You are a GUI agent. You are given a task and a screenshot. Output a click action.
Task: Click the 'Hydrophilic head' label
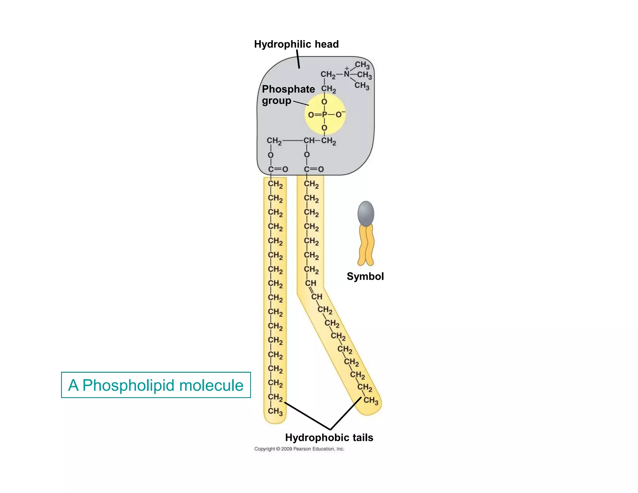coord(296,44)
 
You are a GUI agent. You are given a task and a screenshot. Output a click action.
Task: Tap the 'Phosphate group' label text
coord(288,95)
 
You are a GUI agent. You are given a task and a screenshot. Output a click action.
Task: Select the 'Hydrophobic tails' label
coord(329,438)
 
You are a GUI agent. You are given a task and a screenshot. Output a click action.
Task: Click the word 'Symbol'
coord(365,276)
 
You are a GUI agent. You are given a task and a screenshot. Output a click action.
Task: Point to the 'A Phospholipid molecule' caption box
coord(156,385)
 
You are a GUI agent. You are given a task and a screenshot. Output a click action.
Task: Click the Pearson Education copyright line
coord(299,449)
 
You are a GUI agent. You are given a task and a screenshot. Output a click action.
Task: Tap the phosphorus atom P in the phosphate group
coord(324,115)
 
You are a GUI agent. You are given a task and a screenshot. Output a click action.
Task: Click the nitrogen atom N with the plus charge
coord(346,74)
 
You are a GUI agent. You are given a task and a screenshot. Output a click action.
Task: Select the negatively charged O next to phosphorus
coord(339,115)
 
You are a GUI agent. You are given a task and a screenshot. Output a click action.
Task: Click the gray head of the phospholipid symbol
coord(366,213)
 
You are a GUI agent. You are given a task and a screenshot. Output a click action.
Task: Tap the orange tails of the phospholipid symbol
coord(366,246)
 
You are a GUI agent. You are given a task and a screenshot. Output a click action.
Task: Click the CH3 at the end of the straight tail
coord(275,411)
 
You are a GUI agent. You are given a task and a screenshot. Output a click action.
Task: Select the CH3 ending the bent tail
coord(371,400)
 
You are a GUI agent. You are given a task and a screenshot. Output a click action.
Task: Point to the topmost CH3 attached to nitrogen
coord(362,65)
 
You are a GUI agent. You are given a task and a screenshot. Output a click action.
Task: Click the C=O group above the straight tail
coord(278,169)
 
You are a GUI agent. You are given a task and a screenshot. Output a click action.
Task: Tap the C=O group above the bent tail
coord(314,169)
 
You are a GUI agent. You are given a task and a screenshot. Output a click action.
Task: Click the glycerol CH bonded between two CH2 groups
coord(309,141)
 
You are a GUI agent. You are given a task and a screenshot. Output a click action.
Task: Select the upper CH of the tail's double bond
coord(310,283)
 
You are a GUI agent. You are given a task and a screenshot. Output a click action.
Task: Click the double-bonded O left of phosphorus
coord(311,115)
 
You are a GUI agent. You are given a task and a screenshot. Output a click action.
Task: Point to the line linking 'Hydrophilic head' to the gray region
coord(298,59)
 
